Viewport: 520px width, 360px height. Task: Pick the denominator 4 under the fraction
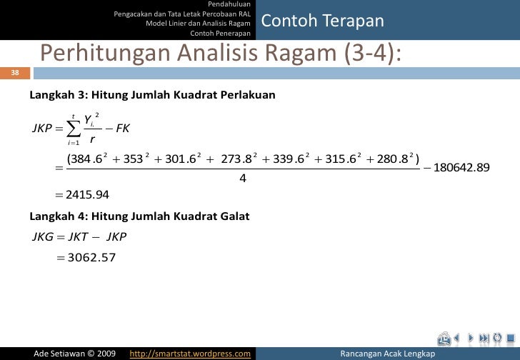pyautogui.click(x=242, y=179)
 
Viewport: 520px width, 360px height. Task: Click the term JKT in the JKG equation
pyautogui.click(x=86, y=236)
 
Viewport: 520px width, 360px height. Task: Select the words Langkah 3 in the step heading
pyautogui.click(x=51, y=96)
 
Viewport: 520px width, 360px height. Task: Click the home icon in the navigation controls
pyautogui.click(x=445, y=338)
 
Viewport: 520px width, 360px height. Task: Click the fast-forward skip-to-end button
pyautogui.click(x=486, y=338)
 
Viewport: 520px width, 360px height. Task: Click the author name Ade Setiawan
pyautogui.click(x=61, y=354)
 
